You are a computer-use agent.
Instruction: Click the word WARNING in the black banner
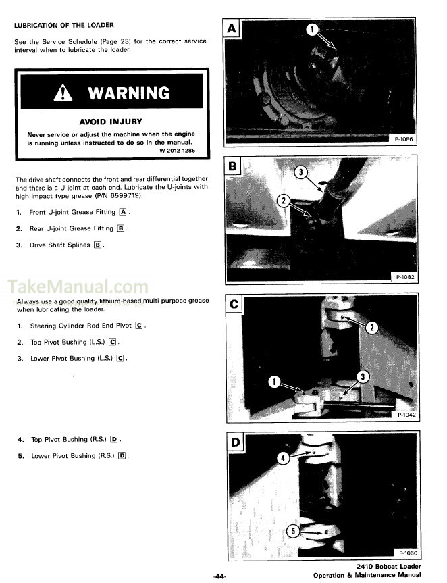[128, 93]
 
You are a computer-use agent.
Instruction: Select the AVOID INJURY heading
[111, 122]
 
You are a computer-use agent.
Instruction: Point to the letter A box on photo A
[232, 28]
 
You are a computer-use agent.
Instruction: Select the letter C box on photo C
[233, 304]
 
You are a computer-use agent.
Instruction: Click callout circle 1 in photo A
[312, 29]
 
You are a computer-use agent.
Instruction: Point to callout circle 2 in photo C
[371, 328]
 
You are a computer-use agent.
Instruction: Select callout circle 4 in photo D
[284, 457]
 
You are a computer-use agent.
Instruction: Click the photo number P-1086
[405, 138]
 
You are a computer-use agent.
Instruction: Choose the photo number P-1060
[405, 553]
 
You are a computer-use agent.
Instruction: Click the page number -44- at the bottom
[219, 576]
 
